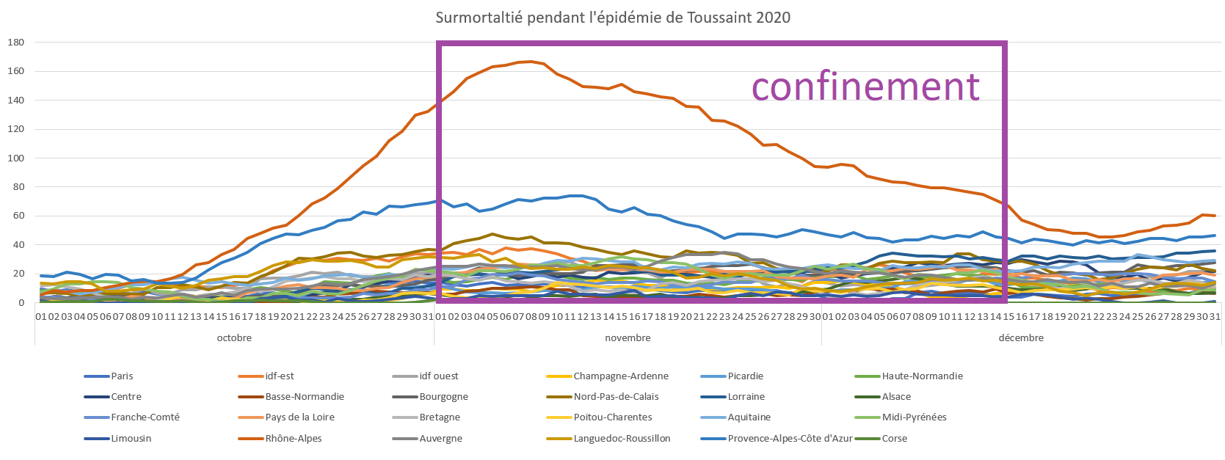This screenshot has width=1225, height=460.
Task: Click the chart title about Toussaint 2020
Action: (x=613, y=18)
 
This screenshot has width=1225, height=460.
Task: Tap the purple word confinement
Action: (x=865, y=87)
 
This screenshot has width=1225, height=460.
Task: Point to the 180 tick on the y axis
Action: (x=16, y=43)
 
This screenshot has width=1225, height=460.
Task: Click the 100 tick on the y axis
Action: (x=16, y=158)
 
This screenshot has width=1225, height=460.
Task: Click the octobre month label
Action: (x=234, y=338)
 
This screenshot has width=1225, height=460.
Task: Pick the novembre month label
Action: (x=628, y=338)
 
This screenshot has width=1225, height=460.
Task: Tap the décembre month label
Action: (x=1021, y=338)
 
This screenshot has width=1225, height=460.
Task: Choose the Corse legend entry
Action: (x=895, y=439)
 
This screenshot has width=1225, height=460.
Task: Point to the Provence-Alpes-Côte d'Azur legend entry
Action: (x=790, y=439)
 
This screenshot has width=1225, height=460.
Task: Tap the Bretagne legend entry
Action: (x=440, y=417)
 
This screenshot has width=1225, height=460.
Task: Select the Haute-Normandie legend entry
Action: (x=922, y=376)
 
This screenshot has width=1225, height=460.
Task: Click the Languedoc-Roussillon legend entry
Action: (x=622, y=439)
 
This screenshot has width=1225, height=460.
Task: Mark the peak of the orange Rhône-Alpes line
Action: (x=531, y=62)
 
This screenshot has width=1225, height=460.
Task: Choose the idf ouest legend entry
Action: (x=438, y=376)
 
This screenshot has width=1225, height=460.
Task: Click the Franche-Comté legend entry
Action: (x=145, y=417)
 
